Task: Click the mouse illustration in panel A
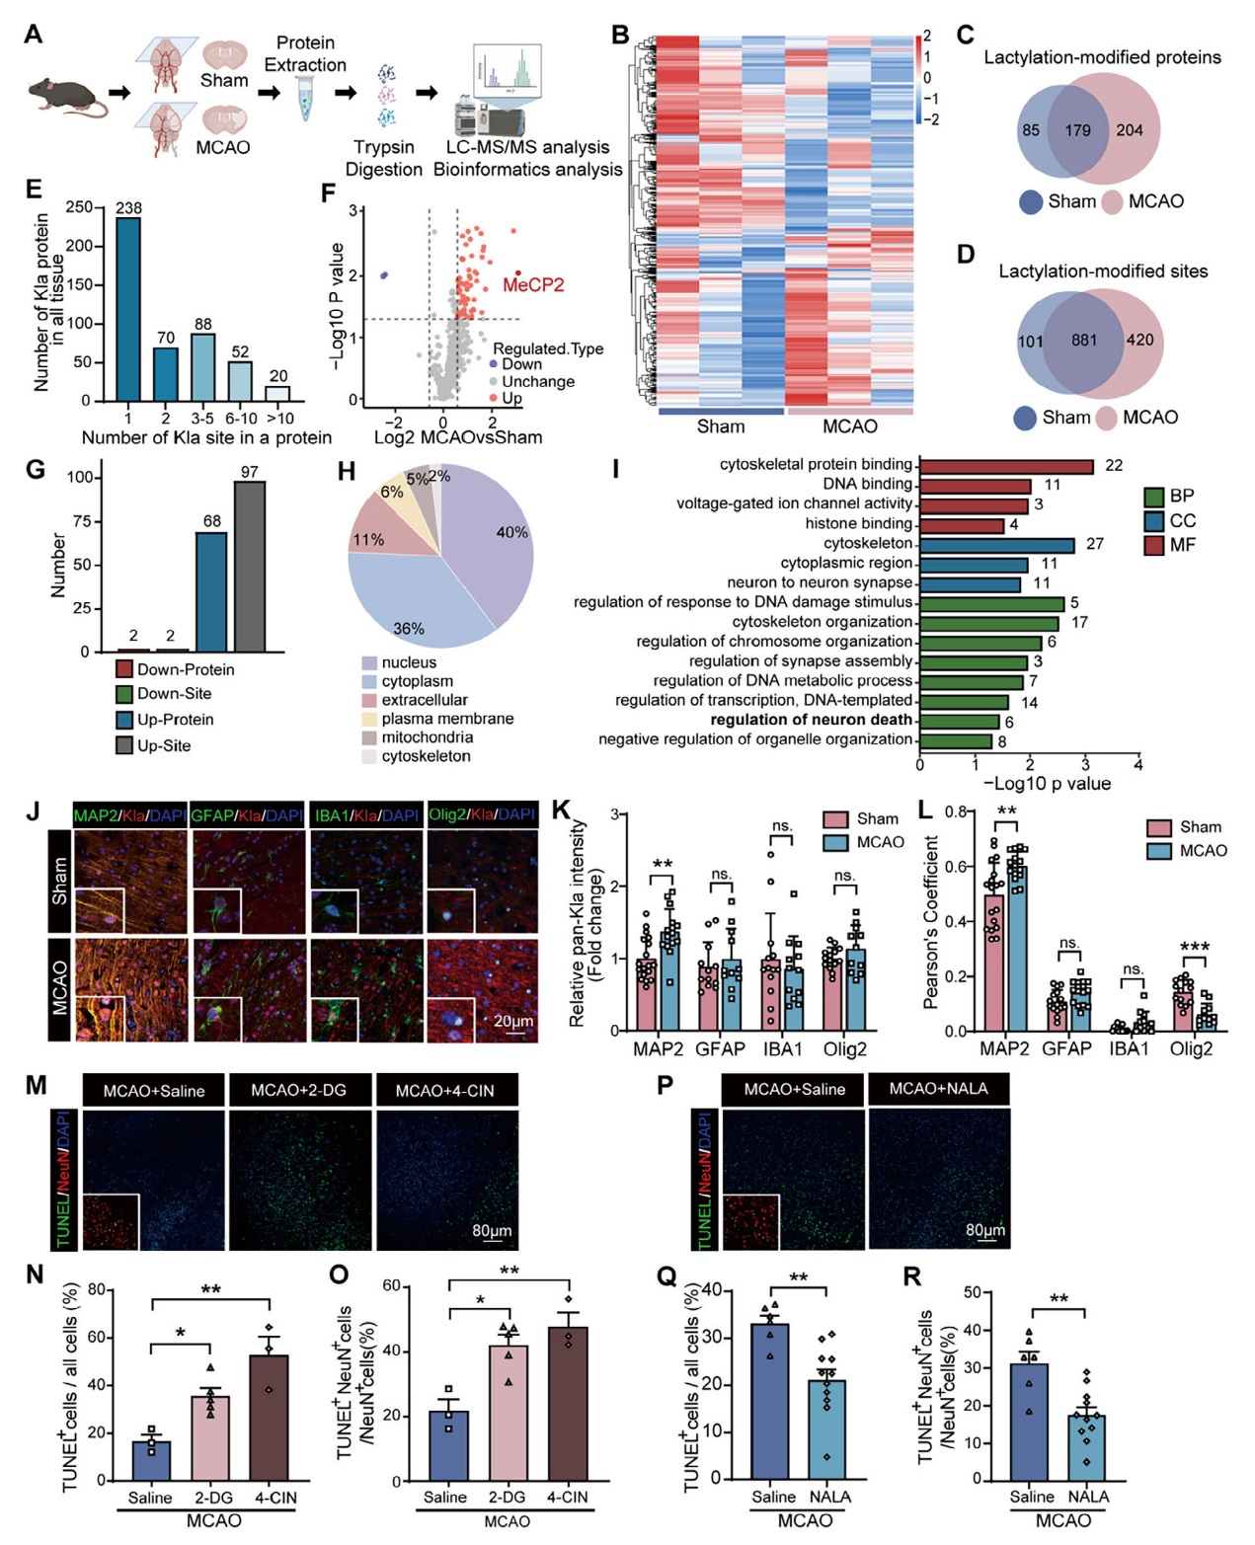64,95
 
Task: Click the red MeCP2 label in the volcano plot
533,285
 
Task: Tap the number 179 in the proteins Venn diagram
1077,130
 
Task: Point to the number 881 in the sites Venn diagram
1083,341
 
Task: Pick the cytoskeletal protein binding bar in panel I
1006,466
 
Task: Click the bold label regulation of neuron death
811,720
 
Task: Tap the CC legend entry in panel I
1182,520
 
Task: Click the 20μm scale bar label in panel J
512,1021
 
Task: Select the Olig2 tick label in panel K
844,1049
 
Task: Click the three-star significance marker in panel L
1194,949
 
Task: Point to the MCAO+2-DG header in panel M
298,1090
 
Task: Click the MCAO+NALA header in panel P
937,1089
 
